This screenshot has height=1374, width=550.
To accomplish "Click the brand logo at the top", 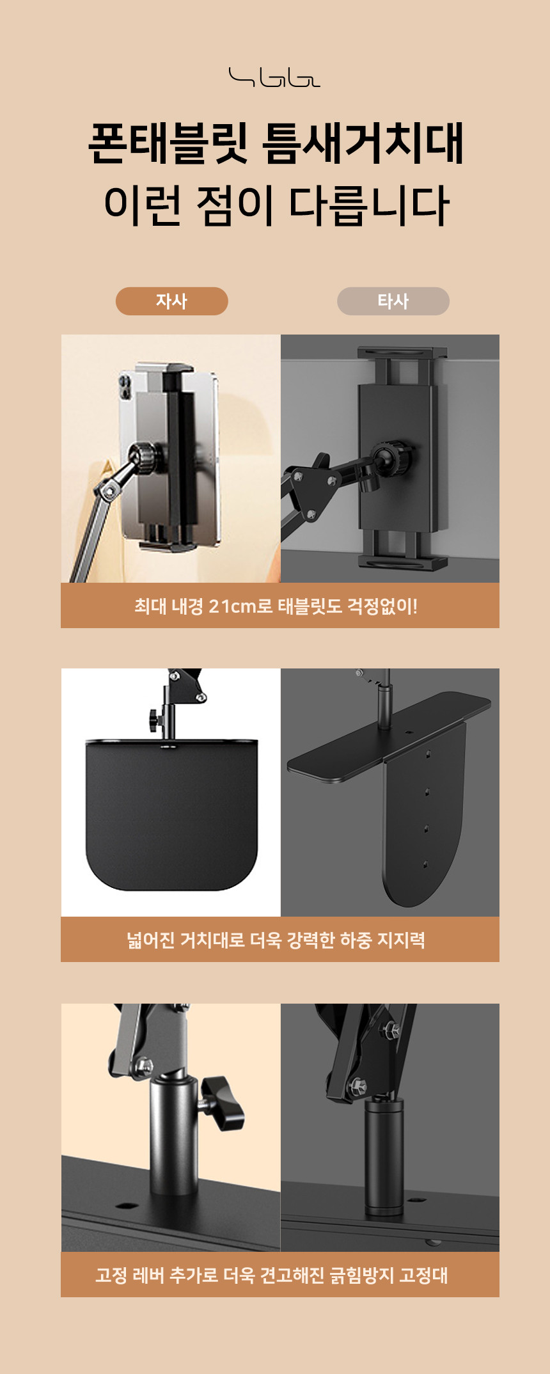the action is [x=274, y=77].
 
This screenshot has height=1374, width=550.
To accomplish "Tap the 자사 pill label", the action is [x=171, y=301].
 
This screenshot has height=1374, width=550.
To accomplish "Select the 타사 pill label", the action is [x=393, y=301].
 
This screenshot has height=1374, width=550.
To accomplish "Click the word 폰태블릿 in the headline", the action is [x=169, y=143].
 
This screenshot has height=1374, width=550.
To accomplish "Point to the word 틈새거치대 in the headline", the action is [x=363, y=143].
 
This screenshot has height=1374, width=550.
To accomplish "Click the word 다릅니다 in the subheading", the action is [x=369, y=205].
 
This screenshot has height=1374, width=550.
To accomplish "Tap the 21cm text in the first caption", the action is [x=233, y=606].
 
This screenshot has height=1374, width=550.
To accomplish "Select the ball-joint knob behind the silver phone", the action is [x=145, y=458].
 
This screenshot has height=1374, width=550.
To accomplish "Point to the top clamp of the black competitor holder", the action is [x=402, y=354].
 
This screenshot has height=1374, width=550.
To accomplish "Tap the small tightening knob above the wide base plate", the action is [x=156, y=720].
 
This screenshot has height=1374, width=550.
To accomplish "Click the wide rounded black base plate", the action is [x=171, y=814].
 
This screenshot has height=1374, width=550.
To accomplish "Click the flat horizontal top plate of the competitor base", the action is [x=389, y=736].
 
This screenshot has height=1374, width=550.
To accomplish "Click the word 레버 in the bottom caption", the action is [x=148, y=1275].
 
